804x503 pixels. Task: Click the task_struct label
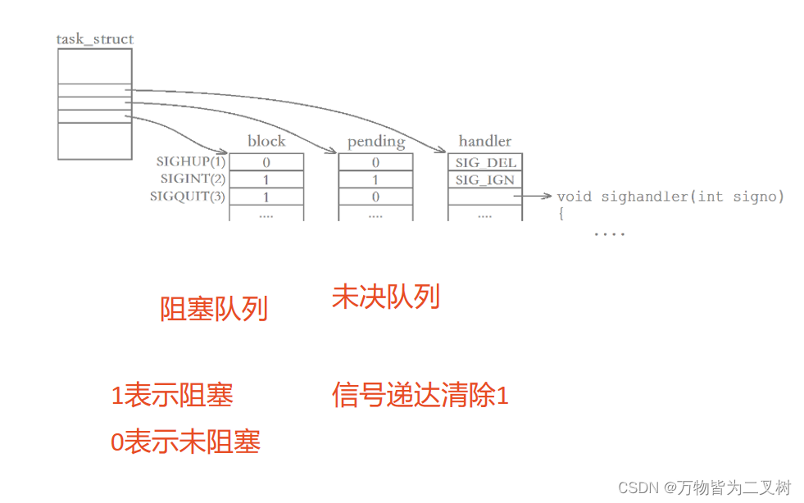click(95, 39)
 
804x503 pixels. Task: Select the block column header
click(266, 142)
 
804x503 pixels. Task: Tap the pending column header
click(376, 142)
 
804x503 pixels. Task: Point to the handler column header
click(485, 142)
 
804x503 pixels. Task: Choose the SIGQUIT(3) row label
click(188, 197)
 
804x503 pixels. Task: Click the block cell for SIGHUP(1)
click(266, 162)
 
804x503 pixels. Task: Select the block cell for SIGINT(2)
click(266, 179)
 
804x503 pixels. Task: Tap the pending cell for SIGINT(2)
click(375, 179)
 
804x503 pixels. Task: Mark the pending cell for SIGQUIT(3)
click(375, 197)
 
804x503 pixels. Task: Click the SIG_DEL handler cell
click(485, 162)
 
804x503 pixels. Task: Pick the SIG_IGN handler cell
click(485, 179)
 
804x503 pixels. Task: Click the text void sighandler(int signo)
click(670, 197)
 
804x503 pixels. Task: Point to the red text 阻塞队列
click(214, 310)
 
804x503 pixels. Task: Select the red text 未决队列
click(385, 296)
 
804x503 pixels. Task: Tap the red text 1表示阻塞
click(172, 396)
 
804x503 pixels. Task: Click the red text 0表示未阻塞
click(185, 442)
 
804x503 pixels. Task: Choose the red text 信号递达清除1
click(420, 396)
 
